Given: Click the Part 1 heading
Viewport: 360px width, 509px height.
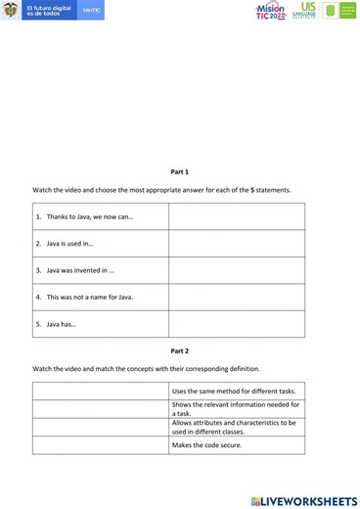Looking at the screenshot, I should click(x=179, y=171).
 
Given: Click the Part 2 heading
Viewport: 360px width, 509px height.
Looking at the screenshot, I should click(x=179, y=350).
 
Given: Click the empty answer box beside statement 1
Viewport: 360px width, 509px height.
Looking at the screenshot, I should click(x=236, y=216).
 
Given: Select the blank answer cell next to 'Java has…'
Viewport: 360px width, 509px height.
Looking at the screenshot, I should click(x=236, y=324).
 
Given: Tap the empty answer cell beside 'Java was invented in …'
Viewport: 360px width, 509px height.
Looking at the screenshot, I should click(x=236, y=270).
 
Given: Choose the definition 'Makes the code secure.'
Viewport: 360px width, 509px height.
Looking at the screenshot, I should click(x=206, y=445).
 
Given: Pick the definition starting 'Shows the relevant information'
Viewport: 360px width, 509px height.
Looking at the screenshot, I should click(x=235, y=408).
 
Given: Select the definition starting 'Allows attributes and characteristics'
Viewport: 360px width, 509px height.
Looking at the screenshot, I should click(x=235, y=426).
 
